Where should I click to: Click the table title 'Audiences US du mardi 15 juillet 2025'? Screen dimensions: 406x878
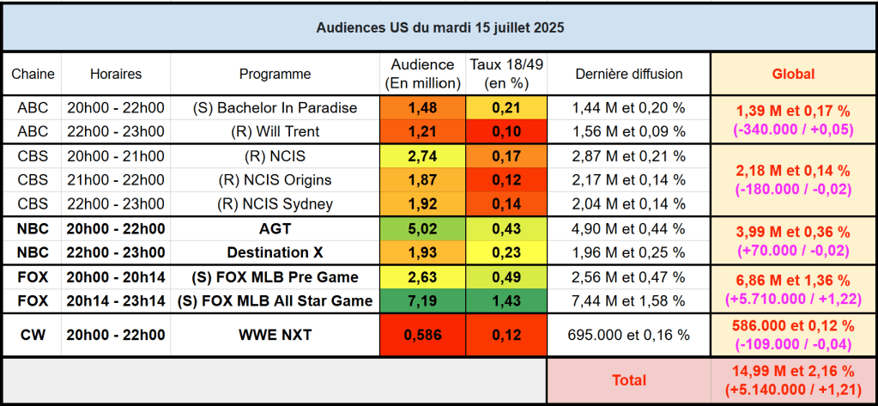(x=439, y=27)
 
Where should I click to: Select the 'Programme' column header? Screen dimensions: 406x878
(x=275, y=75)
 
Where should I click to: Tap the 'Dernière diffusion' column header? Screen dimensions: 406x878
(x=629, y=75)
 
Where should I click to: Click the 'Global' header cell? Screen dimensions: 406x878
(x=794, y=75)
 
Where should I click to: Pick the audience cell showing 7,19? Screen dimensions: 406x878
(x=422, y=300)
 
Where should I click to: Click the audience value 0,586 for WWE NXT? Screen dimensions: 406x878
(x=422, y=334)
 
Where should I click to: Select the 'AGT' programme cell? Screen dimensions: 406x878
(x=275, y=229)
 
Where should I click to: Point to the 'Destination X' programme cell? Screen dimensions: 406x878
(x=275, y=252)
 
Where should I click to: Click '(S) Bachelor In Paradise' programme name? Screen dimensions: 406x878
(x=275, y=108)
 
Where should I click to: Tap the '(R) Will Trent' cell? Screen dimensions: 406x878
(x=275, y=131)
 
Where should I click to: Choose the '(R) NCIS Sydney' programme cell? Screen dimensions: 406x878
(x=275, y=204)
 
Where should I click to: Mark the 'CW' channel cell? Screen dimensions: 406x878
(x=33, y=334)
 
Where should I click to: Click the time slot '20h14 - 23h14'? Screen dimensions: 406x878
(x=116, y=300)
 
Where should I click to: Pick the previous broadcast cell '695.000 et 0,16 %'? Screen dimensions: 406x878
(x=629, y=334)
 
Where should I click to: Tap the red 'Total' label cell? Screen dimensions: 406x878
(x=629, y=379)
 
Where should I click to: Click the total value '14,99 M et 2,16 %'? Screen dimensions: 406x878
(x=794, y=371)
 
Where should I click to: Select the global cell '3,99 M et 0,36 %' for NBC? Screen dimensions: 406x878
(x=794, y=233)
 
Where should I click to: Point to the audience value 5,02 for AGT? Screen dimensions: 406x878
(x=422, y=229)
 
